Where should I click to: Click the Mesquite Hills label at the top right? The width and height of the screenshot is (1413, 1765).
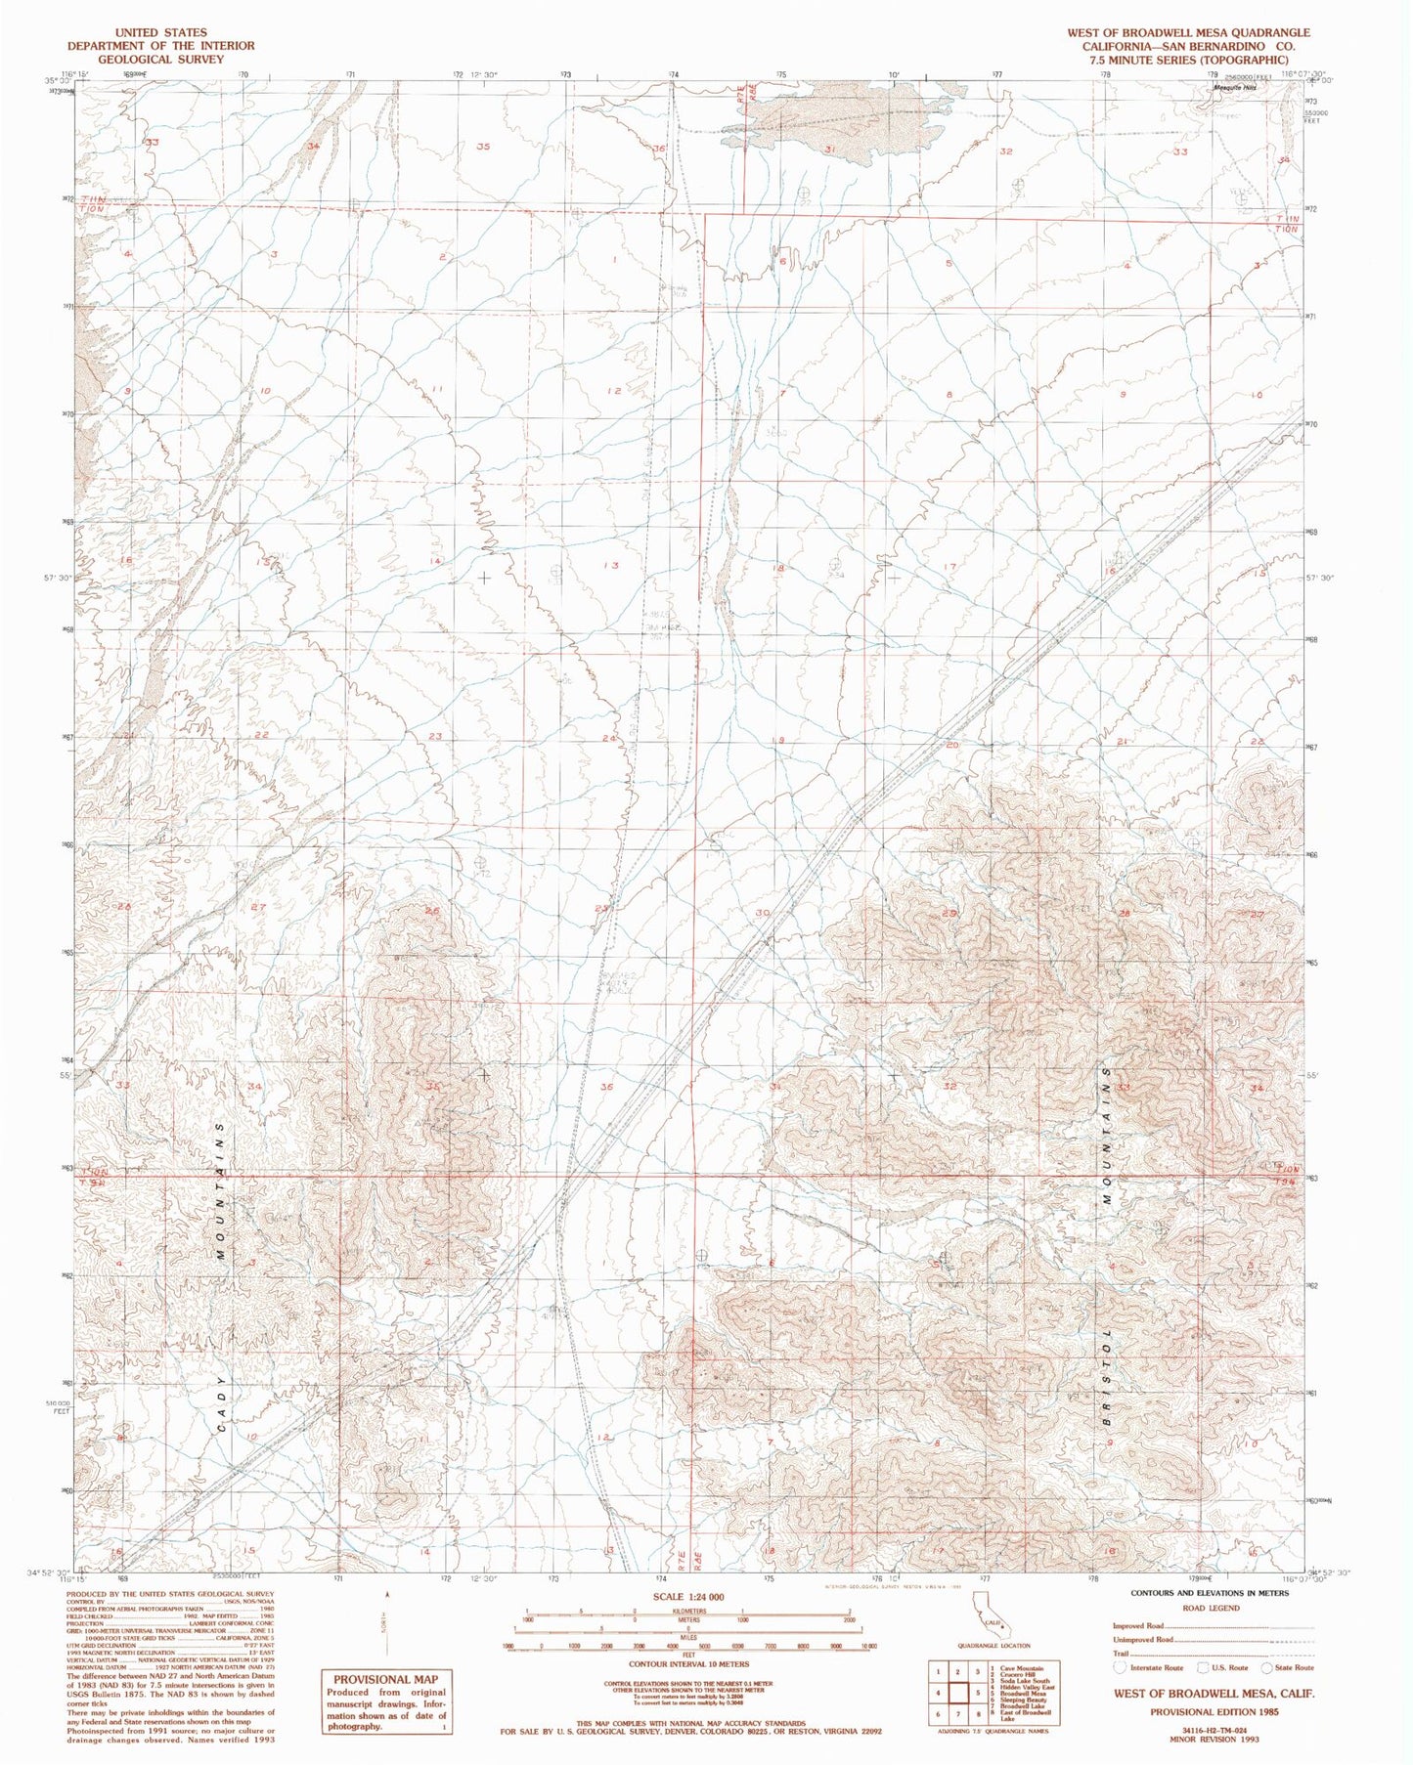click(1234, 88)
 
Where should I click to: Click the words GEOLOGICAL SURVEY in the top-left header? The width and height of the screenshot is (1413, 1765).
click(160, 59)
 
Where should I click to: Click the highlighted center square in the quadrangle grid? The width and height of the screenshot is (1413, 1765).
click(977, 1692)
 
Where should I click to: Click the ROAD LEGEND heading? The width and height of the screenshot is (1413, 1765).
click(1210, 1608)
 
